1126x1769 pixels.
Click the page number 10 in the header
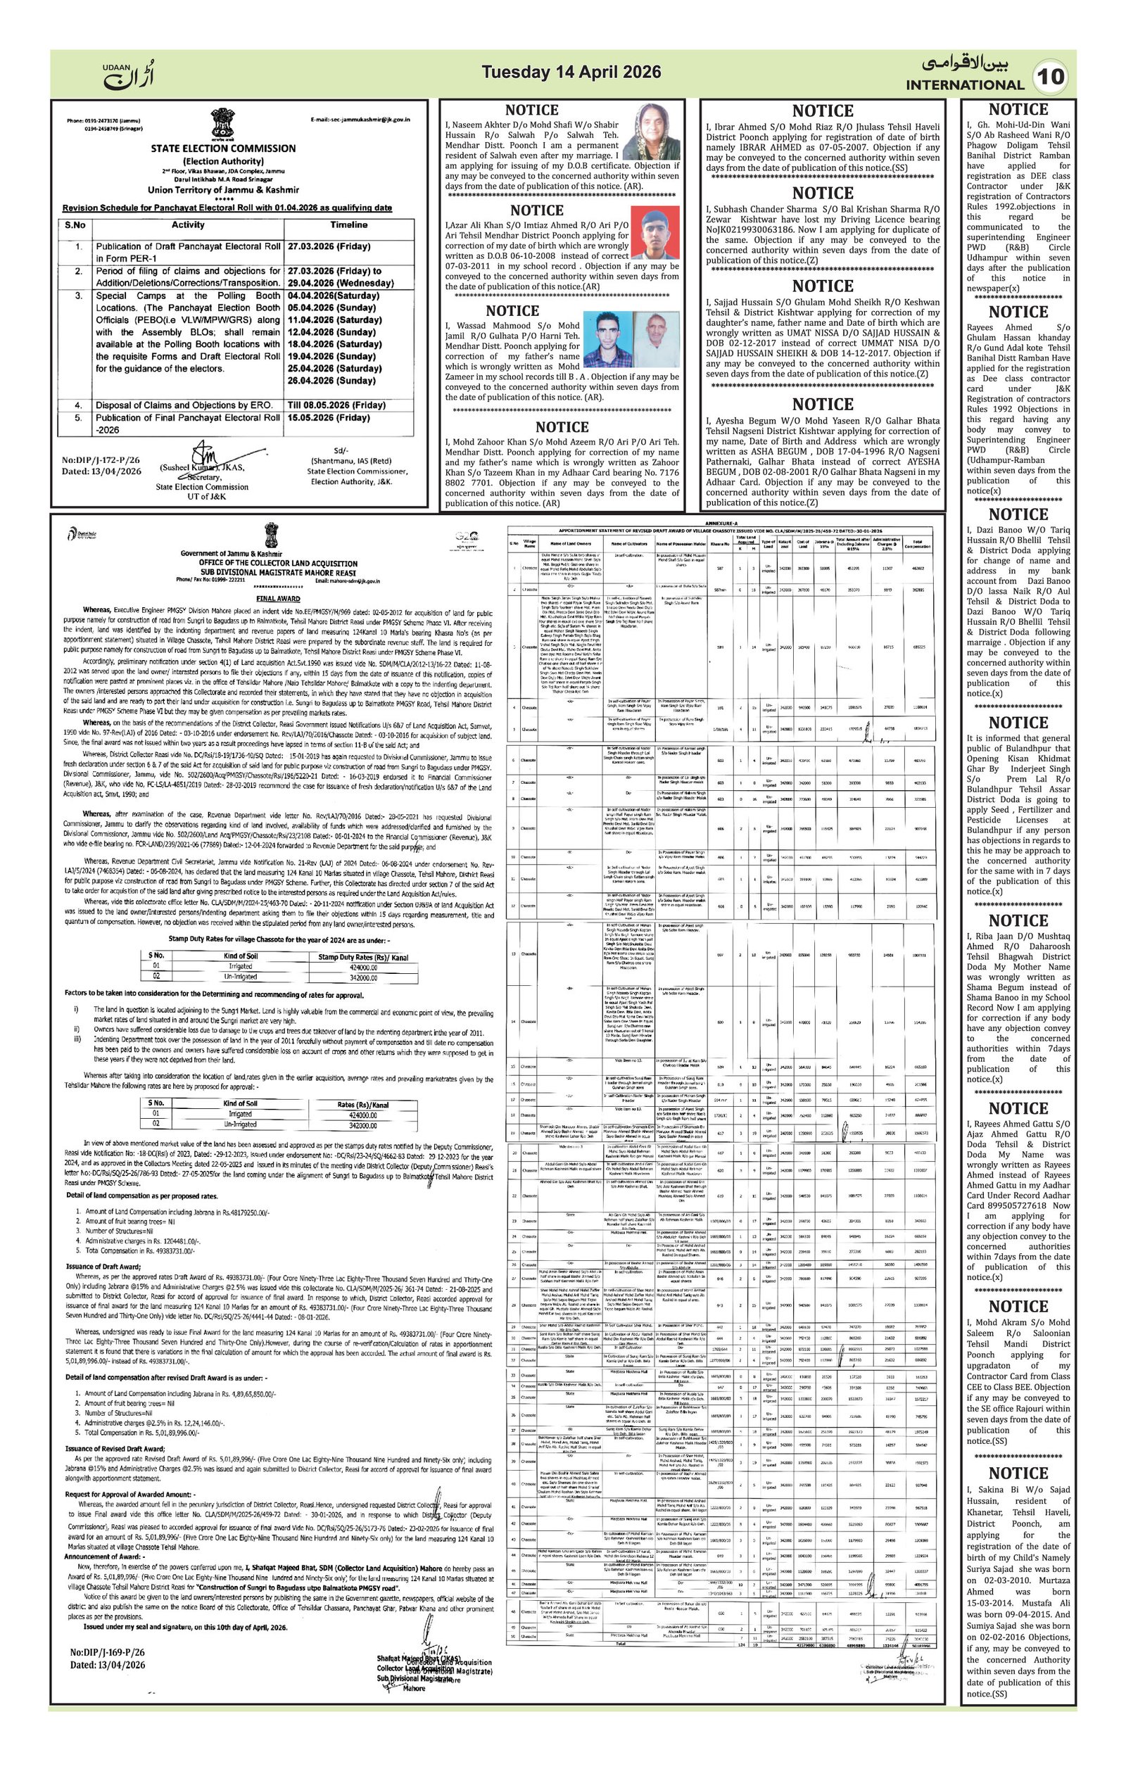point(1052,77)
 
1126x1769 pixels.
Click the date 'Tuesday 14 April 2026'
point(571,72)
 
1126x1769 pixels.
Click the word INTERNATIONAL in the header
point(964,85)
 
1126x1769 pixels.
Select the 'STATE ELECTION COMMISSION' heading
point(223,148)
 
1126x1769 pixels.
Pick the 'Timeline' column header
point(348,224)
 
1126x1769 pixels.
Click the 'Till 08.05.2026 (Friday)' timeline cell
point(336,405)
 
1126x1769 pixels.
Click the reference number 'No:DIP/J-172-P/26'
point(101,461)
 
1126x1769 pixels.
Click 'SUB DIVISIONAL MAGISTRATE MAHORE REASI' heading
point(279,571)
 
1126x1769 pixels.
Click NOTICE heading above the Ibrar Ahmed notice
point(822,111)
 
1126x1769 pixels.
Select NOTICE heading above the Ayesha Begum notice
point(822,404)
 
